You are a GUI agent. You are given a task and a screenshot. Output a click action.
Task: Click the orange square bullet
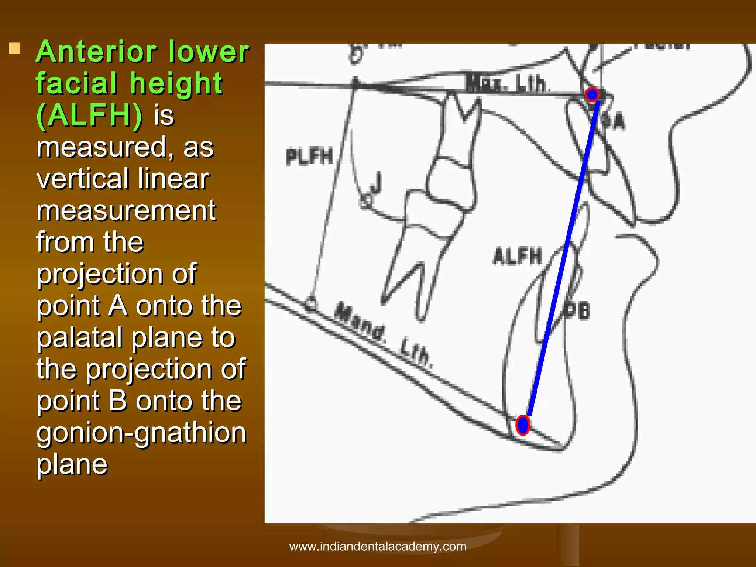click(14, 48)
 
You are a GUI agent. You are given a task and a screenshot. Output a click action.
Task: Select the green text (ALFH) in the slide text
click(89, 115)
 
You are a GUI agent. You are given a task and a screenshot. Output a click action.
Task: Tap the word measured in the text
click(102, 147)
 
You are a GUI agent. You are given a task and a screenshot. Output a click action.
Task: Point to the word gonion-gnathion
click(141, 433)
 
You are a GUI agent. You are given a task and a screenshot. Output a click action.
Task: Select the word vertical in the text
click(76, 179)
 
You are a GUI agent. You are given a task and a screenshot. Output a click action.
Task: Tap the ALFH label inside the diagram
click(518, 256)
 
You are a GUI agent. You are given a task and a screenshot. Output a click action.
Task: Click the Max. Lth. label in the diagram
click(508, 83)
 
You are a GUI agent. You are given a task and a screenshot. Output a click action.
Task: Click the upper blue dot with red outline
click(592, 94)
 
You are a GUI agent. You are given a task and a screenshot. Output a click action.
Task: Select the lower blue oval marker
click(523, 425)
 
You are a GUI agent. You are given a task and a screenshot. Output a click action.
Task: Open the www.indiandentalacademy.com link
click(378, 546)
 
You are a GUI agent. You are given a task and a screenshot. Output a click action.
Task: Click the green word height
click(176, 83)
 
